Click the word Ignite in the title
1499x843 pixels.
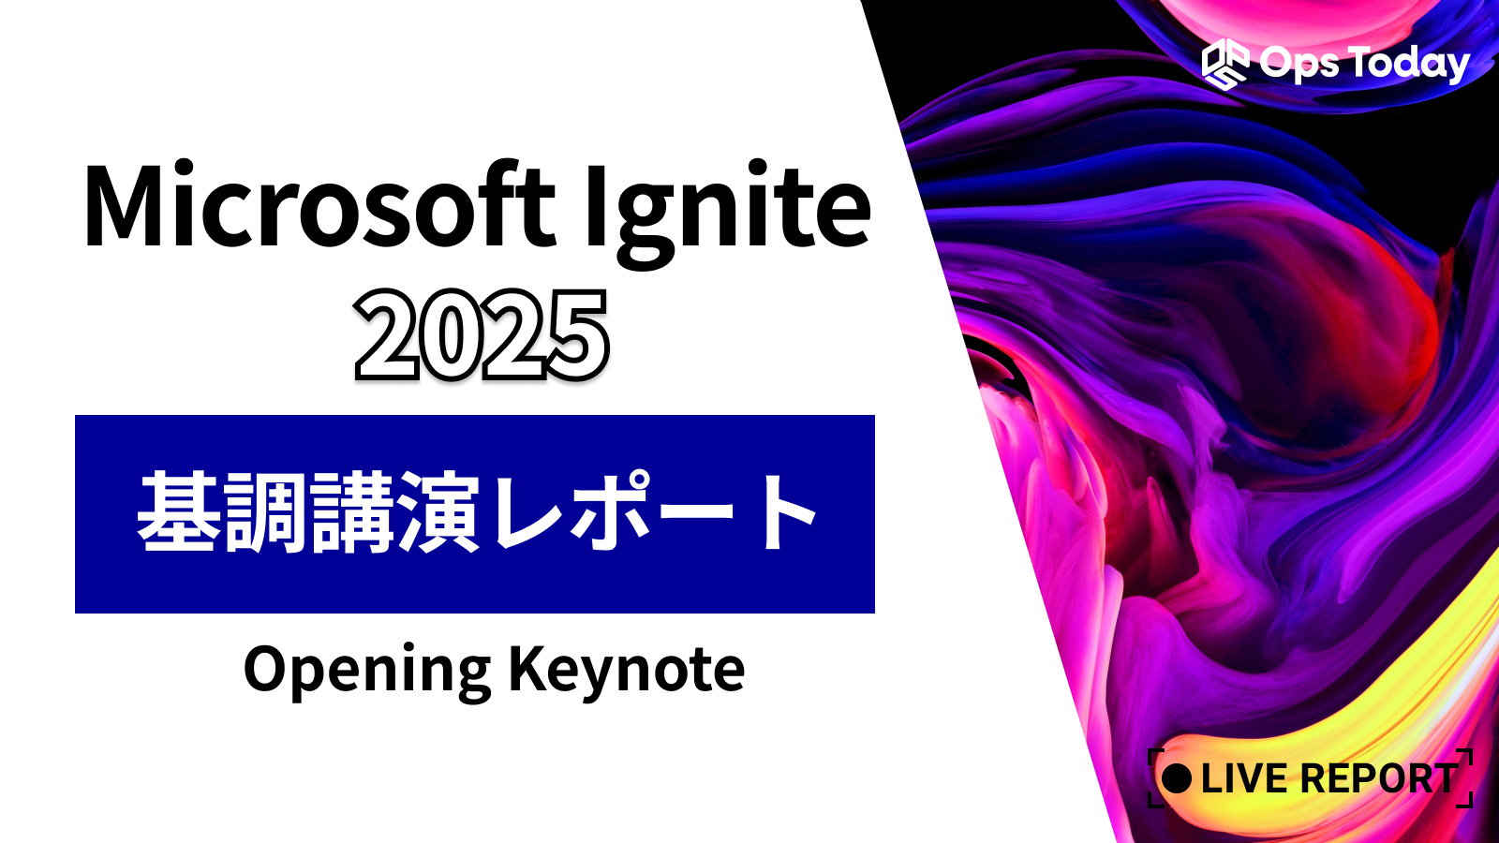coord(727,214)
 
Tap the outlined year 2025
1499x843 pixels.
coord(482,335)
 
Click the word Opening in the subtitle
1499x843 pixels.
coord(367,672)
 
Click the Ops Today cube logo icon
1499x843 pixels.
coord(1224,65)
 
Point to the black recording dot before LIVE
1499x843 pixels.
coord(1177,778)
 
